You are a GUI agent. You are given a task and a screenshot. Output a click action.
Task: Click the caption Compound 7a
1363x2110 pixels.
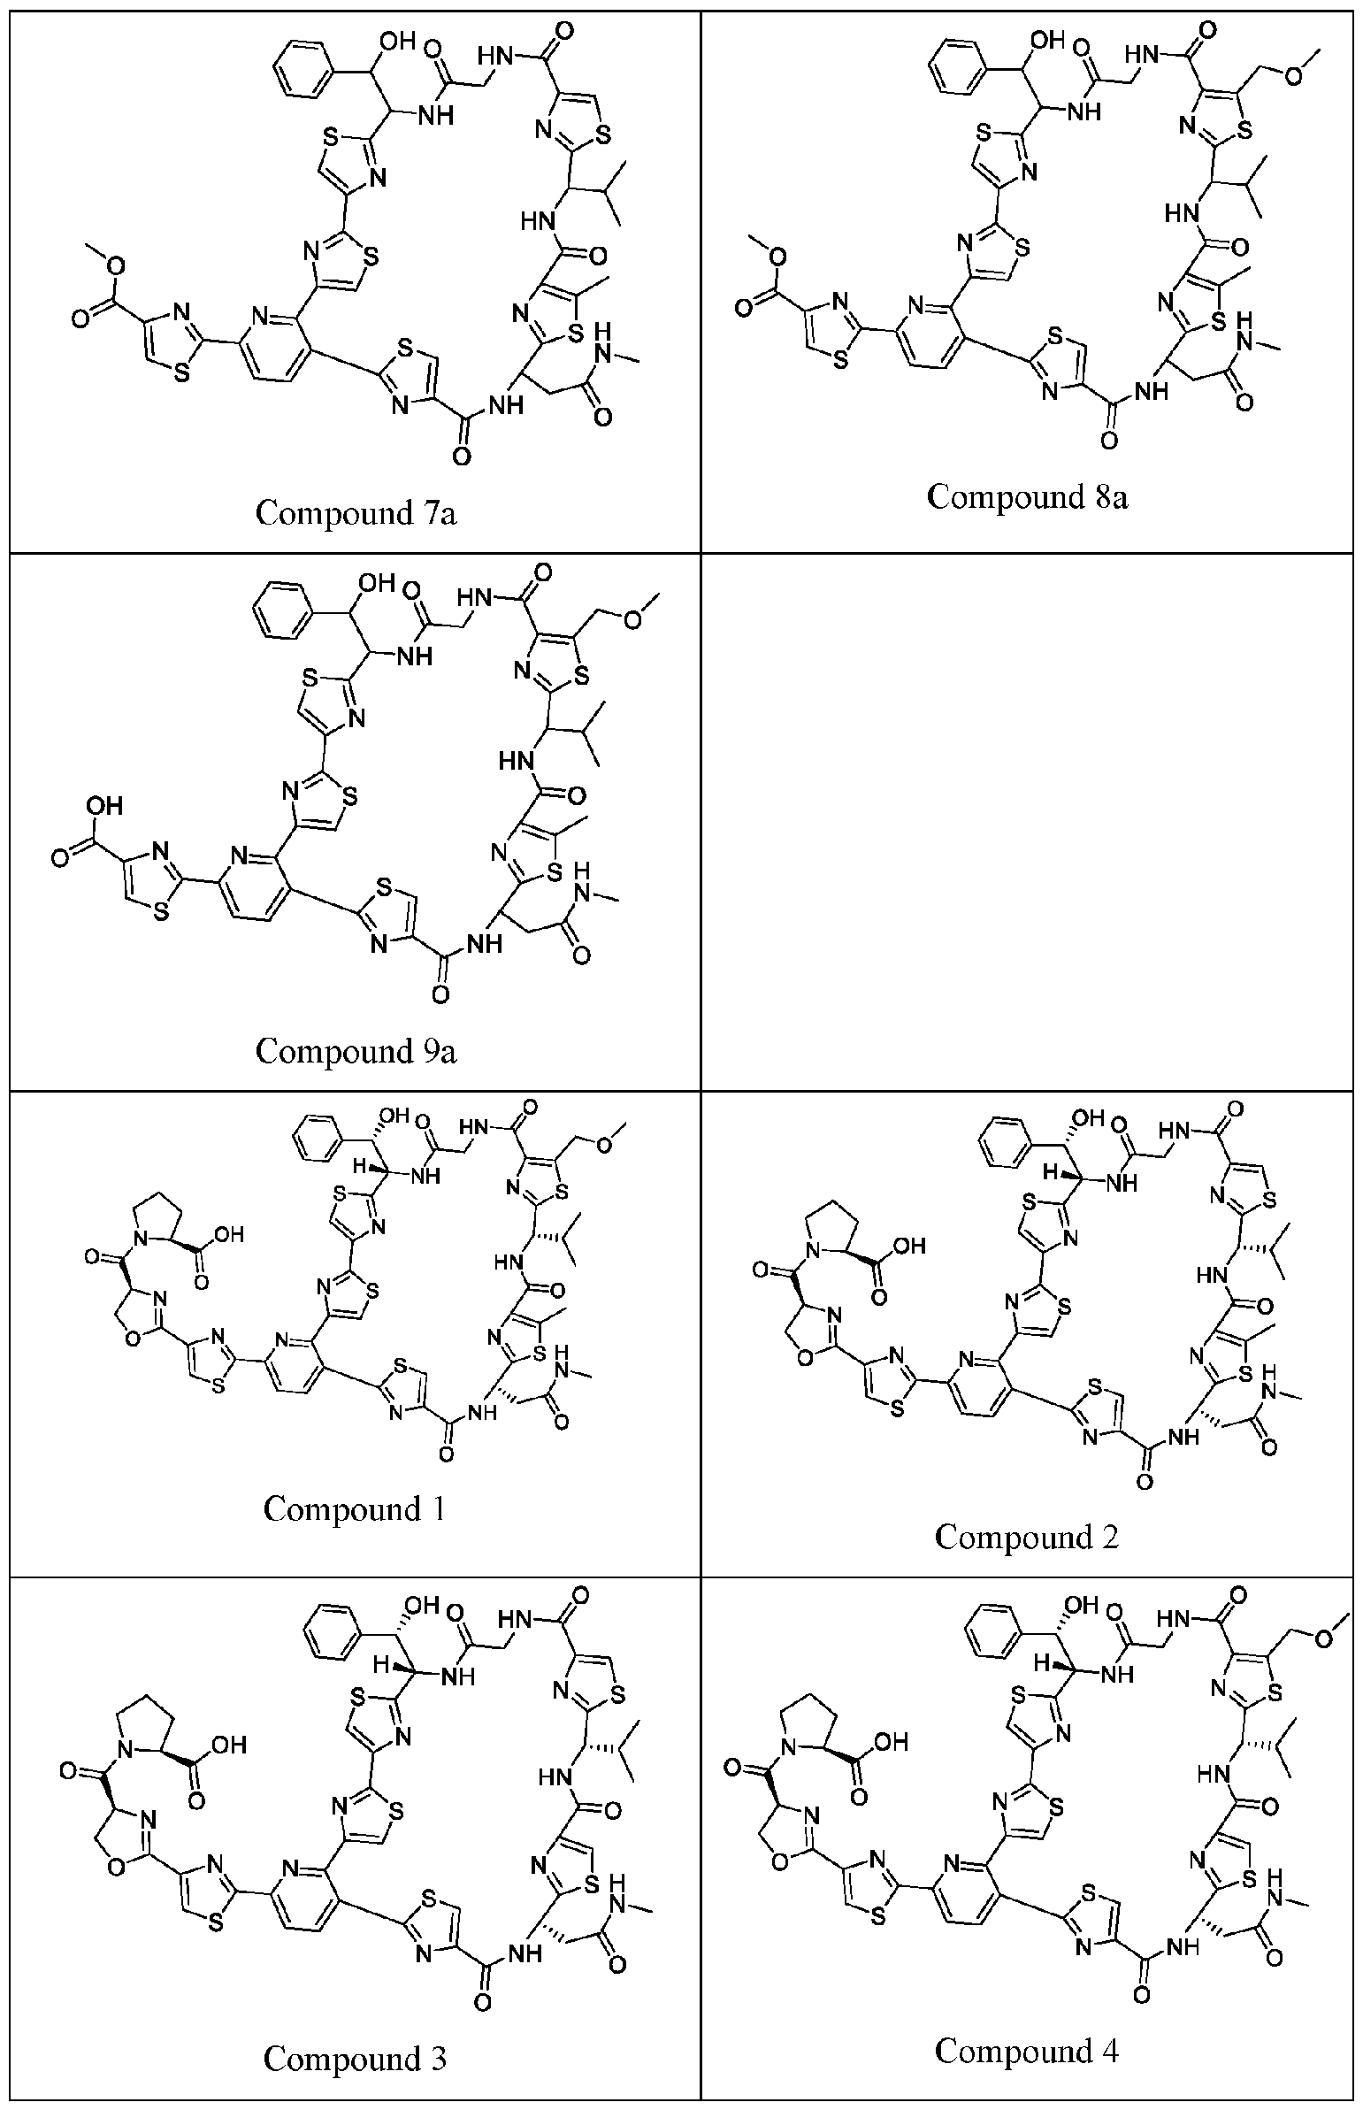(x=356, y=512)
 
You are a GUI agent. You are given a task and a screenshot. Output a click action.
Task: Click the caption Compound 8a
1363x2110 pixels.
(x=1027, y=496)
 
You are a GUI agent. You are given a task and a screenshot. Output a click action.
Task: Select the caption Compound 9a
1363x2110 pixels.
(x=356, y=1050)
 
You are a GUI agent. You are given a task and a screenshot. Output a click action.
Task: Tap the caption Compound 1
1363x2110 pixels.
(x=353, y=1509)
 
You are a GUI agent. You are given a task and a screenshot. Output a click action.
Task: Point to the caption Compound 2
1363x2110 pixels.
(x=1027, y=1538)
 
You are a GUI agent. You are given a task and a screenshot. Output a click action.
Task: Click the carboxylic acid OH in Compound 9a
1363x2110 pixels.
(x=103, y=806)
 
